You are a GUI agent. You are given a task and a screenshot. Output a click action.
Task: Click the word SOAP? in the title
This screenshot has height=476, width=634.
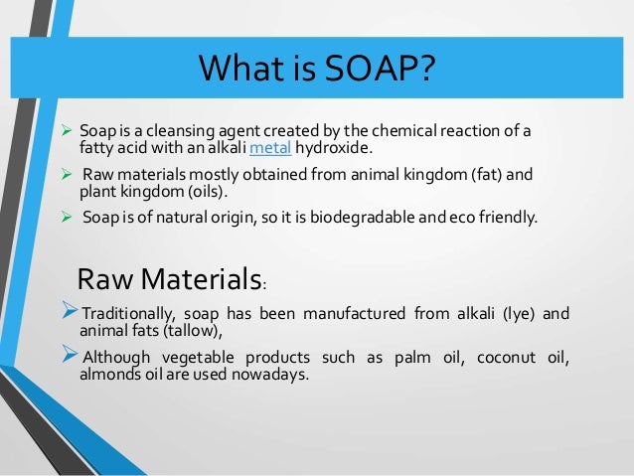(383, 68)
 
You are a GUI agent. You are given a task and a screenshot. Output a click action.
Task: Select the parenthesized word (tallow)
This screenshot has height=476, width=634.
(185, 332)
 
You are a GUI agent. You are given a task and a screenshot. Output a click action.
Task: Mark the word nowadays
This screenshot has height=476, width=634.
(274, 376)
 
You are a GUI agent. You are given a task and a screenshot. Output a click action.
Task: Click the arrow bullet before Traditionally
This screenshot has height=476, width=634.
(71, 314)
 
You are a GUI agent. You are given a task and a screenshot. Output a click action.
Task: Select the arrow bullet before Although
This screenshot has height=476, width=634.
(71, 358)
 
